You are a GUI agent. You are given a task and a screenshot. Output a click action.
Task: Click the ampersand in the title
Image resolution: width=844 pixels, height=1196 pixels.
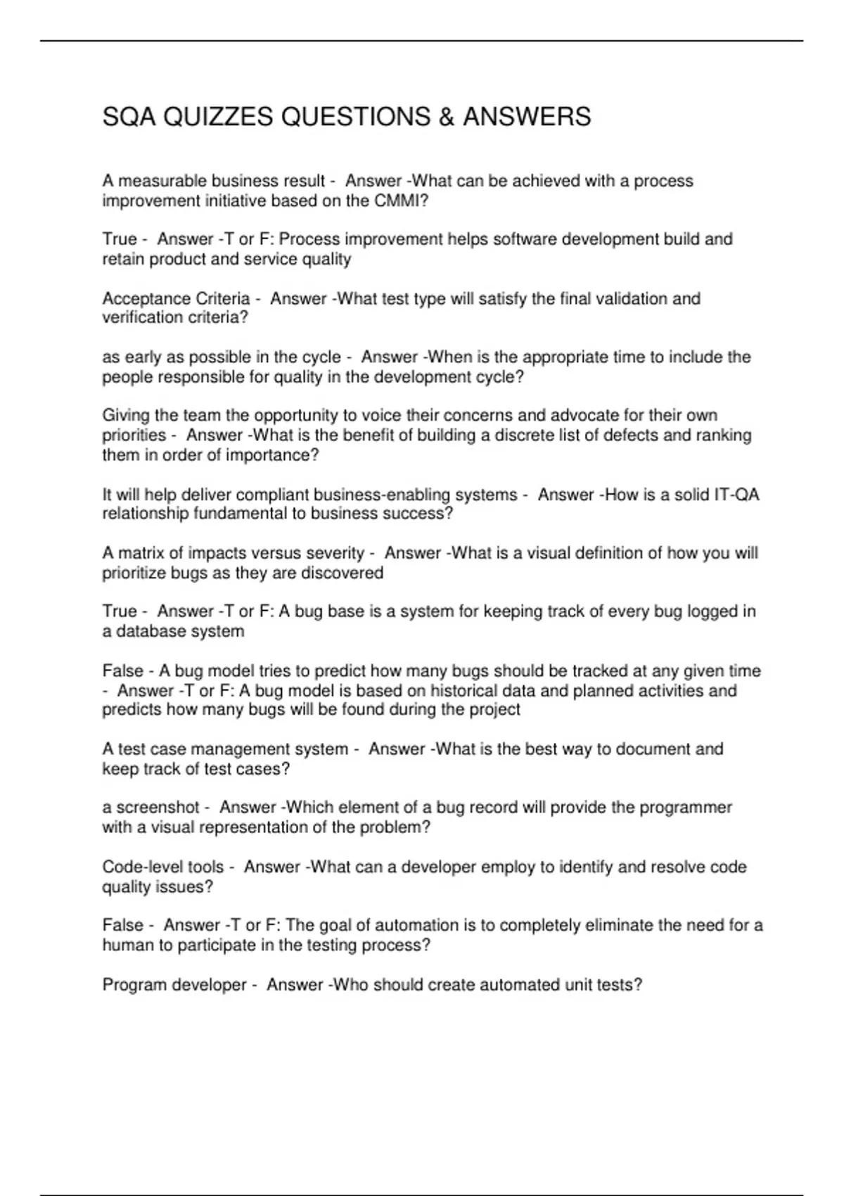pyautogui.click(x=445, y=117)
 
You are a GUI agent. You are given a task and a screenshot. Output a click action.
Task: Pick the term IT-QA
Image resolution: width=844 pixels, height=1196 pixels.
pyautogui.click(x=736, y=495)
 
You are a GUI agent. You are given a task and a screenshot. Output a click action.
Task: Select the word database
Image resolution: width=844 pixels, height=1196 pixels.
pyautogui.click(x=148, y=631)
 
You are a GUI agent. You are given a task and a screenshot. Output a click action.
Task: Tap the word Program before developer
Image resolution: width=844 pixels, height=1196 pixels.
pyautogui.click(x=134, y=985)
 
